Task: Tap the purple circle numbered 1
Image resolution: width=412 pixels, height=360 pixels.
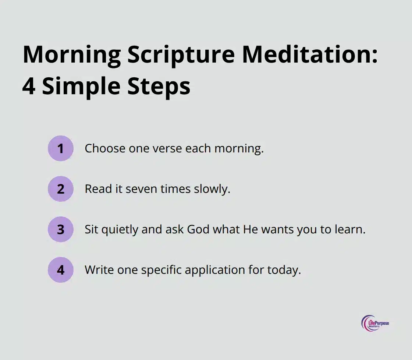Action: pyautogui.click(x=61, y=148)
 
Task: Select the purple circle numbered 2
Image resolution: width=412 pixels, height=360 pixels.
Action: pyautogui.click(x=61, y=189)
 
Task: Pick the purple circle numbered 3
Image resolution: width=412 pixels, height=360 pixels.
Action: pyautogui.click(x=61, y=229)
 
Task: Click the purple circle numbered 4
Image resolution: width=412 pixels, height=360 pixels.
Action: pyautogui.click(x=61, y=270)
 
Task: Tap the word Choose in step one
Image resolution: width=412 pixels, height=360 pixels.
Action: pyautogui.click(x=105, y=148)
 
